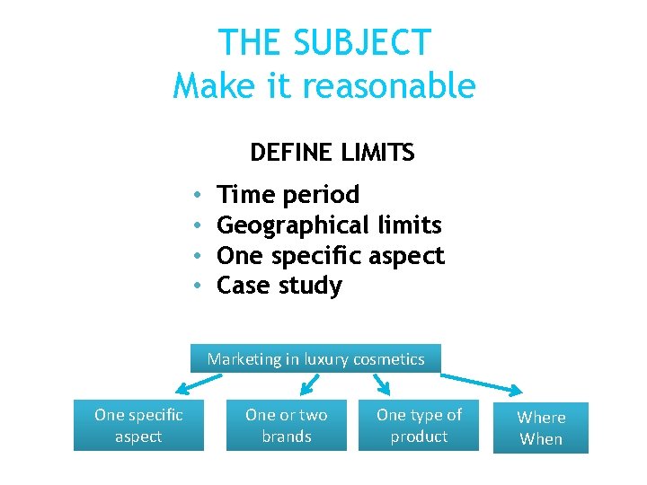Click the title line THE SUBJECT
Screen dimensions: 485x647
pyautogui.click(x=324, y=42)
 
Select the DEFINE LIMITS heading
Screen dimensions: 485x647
pyautogui.click(x=332, y=153)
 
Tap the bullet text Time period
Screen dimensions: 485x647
pyautogui.click(x=288, y=194)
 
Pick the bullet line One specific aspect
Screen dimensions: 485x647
pyautogui.click(x=331, y=255)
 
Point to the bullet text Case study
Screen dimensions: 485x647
pyautogui.click(x=279, y=286)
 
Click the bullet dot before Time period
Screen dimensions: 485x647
pyautogui.click(x=196, y=195)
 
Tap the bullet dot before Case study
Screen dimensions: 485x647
pyautogui.click(x=196, y=287)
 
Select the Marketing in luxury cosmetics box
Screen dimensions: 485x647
pyautogui.click(x=315, y=358)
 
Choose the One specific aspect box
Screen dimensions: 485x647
pyautogui.click(x=138, y=426)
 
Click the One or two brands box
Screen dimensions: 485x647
pyautogui.click(x=286, y=426)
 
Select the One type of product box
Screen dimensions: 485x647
pyautogui.click(x=419, y=426)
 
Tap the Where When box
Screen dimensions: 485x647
pyautogui.click(x=541, y=428)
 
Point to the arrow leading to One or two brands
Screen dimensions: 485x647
pyautogui.click(x=308, y=384)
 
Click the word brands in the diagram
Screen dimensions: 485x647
pyautogui.click(x=286, y=436)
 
